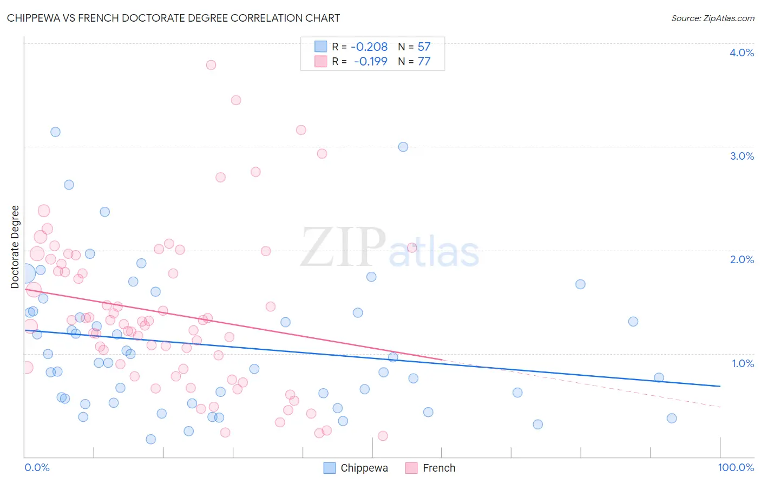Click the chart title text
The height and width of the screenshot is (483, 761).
pos(173,18)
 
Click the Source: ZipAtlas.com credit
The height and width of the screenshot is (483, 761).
pos(712,18)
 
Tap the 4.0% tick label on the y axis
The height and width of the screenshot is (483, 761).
pos(742,53)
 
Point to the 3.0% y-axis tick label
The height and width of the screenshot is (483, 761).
pos(742,156)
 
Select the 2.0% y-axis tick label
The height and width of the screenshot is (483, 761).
pos(742,259)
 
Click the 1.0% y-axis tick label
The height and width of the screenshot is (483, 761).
pos(743,363)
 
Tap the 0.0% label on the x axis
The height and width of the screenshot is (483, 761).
pos(37,467)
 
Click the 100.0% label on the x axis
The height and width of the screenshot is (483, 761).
pos(736,467)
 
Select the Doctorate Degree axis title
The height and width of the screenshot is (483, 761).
pos(15,247)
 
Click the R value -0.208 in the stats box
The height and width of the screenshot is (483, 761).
pos(369,47)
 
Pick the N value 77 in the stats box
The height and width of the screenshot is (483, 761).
pos(424,62)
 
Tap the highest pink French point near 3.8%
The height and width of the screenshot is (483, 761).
pos(211,65)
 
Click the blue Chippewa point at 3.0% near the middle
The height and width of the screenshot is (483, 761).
pos(403,147)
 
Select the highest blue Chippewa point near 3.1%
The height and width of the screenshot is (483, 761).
pos(55,132)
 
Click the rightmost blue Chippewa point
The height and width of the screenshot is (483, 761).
pos(672,418)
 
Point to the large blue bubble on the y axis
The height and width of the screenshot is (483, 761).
pos(25,273)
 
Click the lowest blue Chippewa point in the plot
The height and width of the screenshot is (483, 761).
pos(151,439)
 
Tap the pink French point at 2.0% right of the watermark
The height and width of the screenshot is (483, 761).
pos(412,248)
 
